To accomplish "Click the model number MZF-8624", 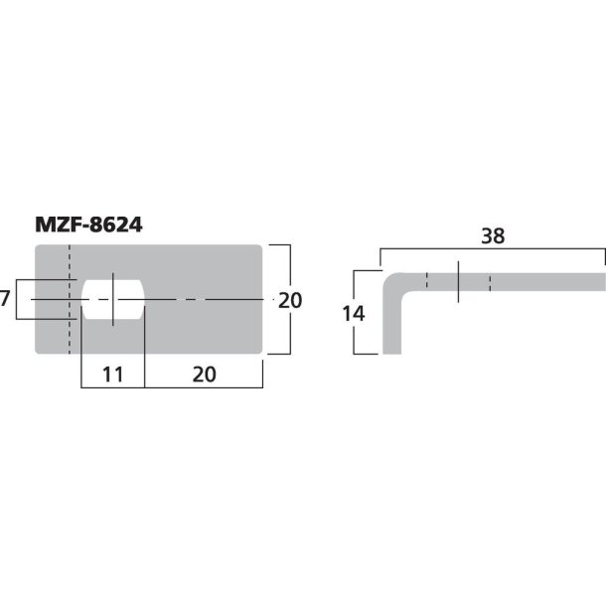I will [x=88, y=226].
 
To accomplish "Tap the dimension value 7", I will [x=7, y=298].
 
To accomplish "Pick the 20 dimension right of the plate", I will [x=289, y=299].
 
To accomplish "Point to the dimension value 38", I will [x=493, y=236].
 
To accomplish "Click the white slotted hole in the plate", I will [x=113, y=299].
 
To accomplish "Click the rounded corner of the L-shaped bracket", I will [x=394, y=284].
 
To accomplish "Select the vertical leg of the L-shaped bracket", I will [x=393, y=323].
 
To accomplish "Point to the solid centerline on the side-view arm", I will [x=458, y=281].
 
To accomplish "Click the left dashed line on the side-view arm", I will [x=426, y=281].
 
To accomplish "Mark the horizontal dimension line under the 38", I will [x=493, y=250].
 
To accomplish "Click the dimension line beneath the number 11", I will [x=111, y=387].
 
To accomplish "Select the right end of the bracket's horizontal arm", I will [x=601, y=281].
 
